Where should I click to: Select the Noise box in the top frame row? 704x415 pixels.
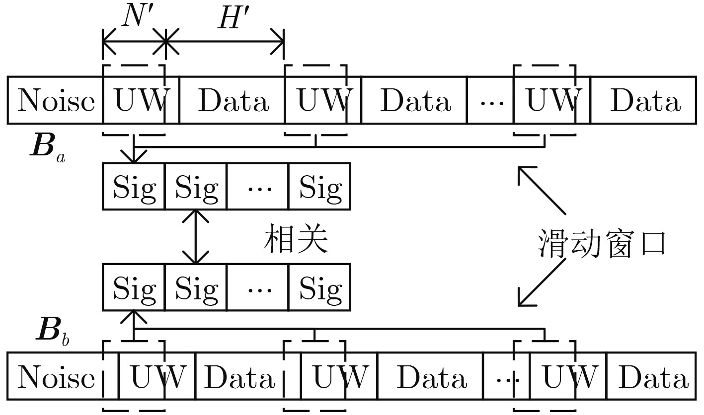point(55,100)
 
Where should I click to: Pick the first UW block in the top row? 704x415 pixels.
point(141,100)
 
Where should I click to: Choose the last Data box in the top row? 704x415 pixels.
point(643,100)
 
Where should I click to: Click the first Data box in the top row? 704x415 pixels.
point(232,100)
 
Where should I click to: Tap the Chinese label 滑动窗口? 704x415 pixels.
point(602,244)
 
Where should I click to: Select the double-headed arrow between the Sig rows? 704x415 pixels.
point(195,237)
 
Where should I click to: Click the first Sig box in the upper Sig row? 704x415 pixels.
point(134,186)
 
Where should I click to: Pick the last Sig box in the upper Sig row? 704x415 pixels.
point(319,186)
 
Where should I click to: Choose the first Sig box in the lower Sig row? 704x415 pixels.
point(134,287)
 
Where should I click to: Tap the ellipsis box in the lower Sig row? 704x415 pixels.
point(257,287)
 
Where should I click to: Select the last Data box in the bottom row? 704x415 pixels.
point(651,376)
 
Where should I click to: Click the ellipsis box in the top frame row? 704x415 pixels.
point(490,100)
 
